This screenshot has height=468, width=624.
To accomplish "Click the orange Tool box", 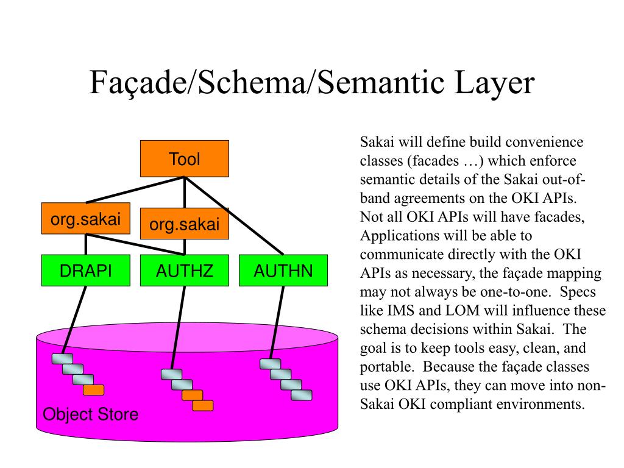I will click(x=185, y=158).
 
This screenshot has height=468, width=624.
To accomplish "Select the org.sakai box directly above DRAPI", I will click(x=86, y=219).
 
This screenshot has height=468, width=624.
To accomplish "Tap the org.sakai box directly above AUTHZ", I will click(x=185, y=224).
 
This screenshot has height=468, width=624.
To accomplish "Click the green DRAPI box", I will click(x=86, y=271).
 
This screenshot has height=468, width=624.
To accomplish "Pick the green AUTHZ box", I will click(x=185, y=271).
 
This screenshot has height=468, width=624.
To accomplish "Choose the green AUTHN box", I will click(x=283, y=271).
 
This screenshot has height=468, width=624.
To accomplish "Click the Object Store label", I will click(x=90, y=415).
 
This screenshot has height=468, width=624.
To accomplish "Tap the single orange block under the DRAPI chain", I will click(x=93, y=390).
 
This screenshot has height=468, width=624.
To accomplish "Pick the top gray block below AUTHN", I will click(x=270, y=364).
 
